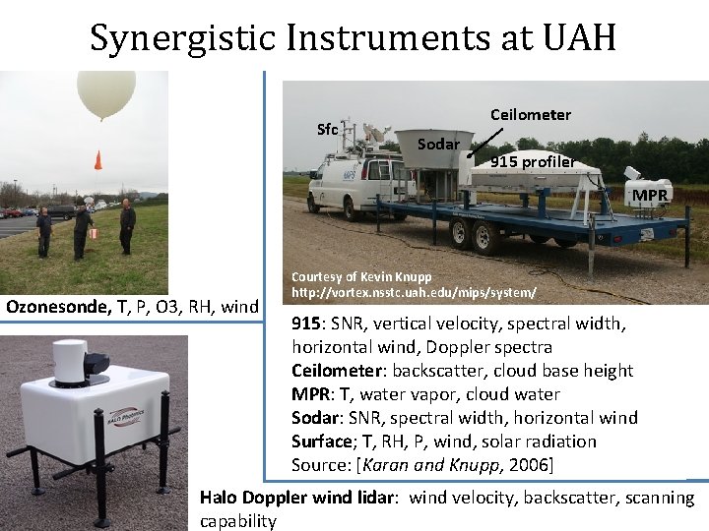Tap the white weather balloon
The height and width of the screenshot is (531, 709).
coord(105,92)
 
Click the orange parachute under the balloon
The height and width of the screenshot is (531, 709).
coord(97,159)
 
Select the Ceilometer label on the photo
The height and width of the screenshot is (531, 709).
coord(531,115)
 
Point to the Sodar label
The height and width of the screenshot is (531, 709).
coord(438,145)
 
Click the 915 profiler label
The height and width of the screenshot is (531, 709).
coord(533,161)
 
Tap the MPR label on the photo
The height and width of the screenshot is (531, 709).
coord(650,195)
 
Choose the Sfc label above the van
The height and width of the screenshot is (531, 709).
coord(328,130)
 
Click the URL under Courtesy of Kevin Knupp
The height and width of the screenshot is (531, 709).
coord(414,293)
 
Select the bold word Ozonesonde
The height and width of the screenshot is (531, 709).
coord(58,307)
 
